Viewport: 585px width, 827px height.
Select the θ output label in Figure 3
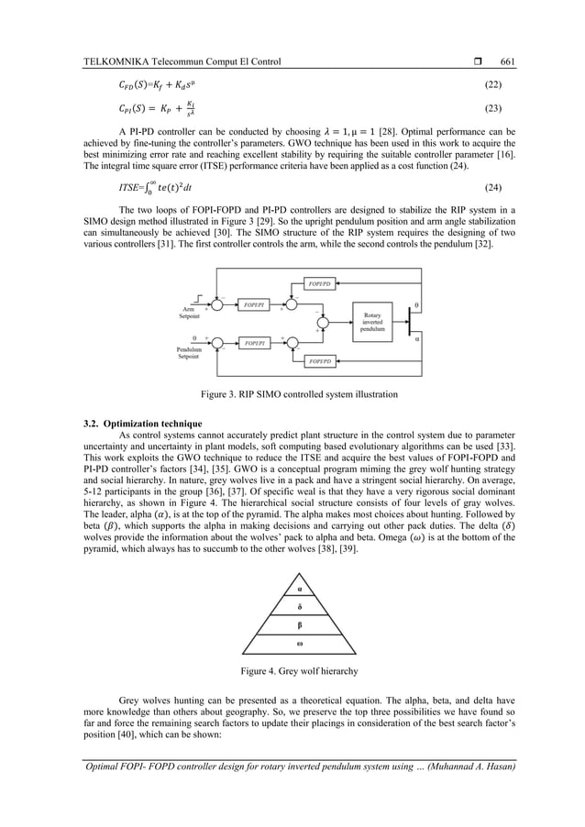point(419,303)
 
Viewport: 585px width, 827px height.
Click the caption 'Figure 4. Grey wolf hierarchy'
point(299,671)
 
